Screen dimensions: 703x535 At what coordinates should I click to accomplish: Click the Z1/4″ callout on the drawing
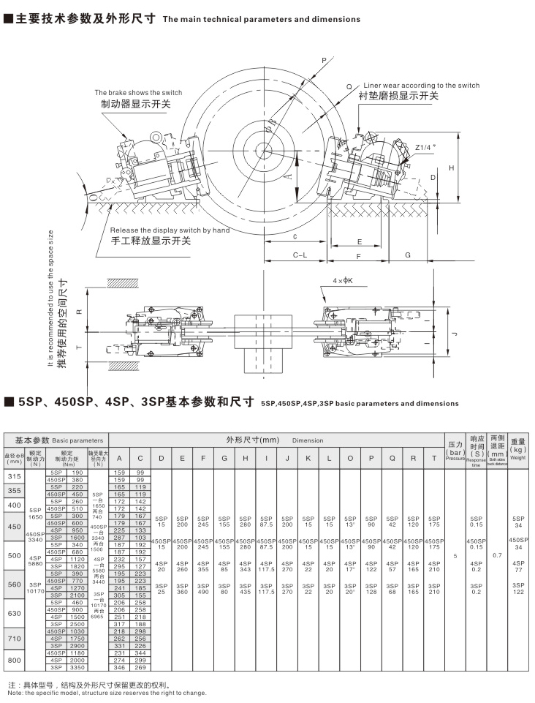click(x=425, y=147)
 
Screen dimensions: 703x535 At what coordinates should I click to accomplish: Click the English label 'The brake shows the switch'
click(x=138, y=93)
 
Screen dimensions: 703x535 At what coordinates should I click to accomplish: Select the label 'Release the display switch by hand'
click(x=170, y=230)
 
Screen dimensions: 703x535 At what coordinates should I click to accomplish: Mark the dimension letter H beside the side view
click(x=452, y=168)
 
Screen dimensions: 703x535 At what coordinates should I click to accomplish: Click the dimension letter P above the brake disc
click(x=324, y=61)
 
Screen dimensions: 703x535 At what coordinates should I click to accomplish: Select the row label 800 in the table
click(x=14, y=660)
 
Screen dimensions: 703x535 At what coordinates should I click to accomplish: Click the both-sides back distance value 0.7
click(x=498, y=555)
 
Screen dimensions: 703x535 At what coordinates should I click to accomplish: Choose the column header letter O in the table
click(x=351, y=458)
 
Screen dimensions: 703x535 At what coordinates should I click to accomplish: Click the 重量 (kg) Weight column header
click(x=518, y=449)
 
